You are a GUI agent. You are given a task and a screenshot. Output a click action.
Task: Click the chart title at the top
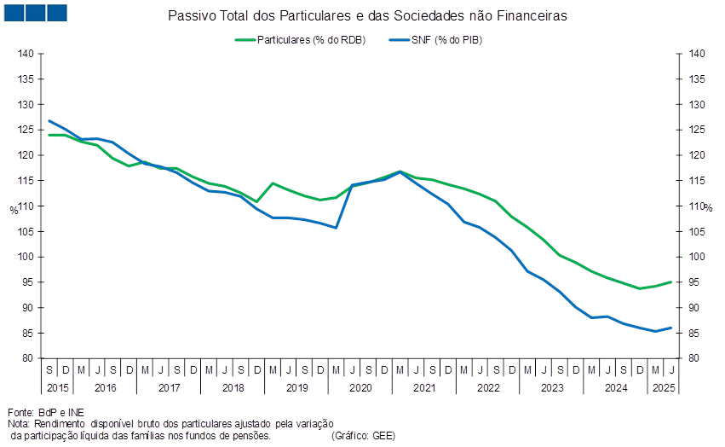coord(369,16)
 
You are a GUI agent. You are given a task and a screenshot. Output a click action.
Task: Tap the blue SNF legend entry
coord(435,40)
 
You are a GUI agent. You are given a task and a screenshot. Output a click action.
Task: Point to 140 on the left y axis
coord(26,54)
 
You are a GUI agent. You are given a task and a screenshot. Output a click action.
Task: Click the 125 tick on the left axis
coord(26,130)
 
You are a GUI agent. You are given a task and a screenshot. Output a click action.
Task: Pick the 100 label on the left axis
coord(26,257)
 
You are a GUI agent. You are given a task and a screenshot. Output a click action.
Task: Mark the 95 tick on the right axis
coord(697,282)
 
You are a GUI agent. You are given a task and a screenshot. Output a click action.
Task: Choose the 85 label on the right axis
coord(697,333)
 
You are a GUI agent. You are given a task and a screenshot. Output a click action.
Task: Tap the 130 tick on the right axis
coord(697,105)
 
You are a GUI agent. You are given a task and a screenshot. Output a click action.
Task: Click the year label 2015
coord(56,387)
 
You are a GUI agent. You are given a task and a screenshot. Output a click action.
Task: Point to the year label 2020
coord(360,387)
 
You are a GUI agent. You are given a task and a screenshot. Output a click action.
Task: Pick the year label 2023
coord(551,387)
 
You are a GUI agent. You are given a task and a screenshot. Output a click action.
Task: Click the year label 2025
coord(663,387)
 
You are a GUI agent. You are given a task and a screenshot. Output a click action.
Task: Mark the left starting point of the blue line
coord(49,120)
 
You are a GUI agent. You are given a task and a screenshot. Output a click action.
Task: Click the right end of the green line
coord(672,282)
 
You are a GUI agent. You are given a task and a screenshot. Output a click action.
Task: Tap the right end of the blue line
coord(672,328)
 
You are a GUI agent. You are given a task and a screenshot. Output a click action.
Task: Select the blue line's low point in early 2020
coord(337,228)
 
